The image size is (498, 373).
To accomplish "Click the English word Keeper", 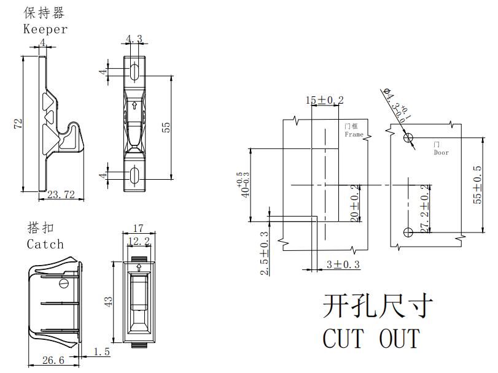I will (45, 29).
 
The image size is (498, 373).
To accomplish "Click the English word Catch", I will (45, 244).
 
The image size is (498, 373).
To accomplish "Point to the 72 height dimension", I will (18, 124).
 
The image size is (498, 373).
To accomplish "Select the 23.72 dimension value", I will (61, 195).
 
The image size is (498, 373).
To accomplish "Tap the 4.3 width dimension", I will (134, 39).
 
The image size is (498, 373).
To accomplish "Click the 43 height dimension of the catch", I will (109, 302).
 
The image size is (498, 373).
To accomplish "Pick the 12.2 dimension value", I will (138, 241).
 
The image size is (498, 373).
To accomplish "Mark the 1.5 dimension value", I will (101, 352).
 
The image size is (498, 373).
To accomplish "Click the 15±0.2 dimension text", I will (325, 99).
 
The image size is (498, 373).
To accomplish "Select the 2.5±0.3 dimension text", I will (264, 253).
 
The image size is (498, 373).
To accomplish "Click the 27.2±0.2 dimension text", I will (424, 208).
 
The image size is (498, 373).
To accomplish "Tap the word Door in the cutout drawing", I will (441, 152).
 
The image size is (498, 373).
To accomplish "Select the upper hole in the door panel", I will (408, 138).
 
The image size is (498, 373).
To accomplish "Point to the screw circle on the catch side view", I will (63, 283).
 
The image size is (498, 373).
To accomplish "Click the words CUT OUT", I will (371, 339).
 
